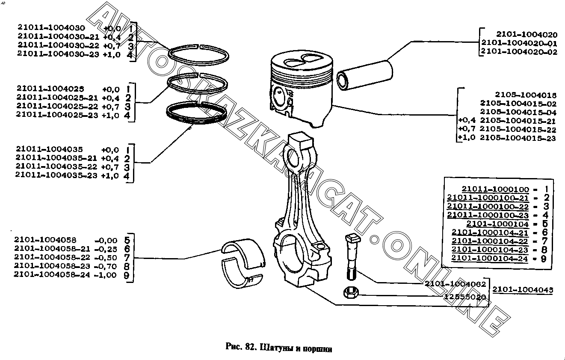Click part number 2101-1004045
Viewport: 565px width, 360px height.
click(522, 290)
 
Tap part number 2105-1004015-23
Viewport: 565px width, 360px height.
click(518, 138)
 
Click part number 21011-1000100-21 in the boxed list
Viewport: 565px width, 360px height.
click(488, 198)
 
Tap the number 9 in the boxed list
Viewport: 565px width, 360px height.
click(544, 259)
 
